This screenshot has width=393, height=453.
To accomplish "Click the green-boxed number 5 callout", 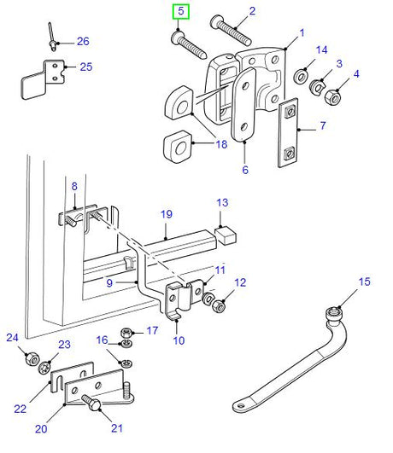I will tap(180, 13).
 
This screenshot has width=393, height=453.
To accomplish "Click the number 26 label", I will tap(82, 41).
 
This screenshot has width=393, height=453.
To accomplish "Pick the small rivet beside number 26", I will tap(53, 38).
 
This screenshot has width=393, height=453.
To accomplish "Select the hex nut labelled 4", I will tap(334, 98).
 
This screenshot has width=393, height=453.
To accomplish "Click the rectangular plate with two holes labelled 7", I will tap(288, 136).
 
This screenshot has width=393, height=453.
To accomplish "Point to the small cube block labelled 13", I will tap(226, 234).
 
